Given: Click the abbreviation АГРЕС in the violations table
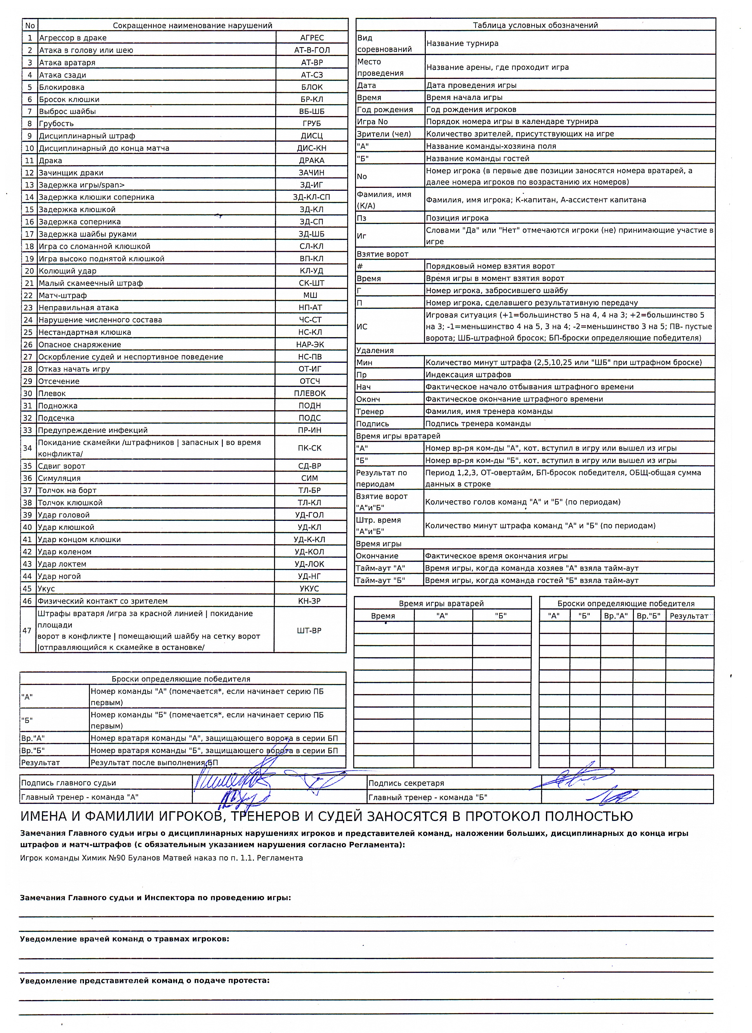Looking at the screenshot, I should [x=312, y=38].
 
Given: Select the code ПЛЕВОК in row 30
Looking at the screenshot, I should [x=310, y=393].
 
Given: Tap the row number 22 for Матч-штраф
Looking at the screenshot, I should [x=29, y=296].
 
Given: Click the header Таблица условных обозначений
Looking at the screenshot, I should [x=535, y=26].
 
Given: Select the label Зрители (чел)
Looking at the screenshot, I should [x=384, y=134].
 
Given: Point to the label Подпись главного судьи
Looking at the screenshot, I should [x=68, y=783].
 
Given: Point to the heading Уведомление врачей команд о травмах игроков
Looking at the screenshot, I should [x=124, y=939].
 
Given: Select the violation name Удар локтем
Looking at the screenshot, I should [x=62, y=564].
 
